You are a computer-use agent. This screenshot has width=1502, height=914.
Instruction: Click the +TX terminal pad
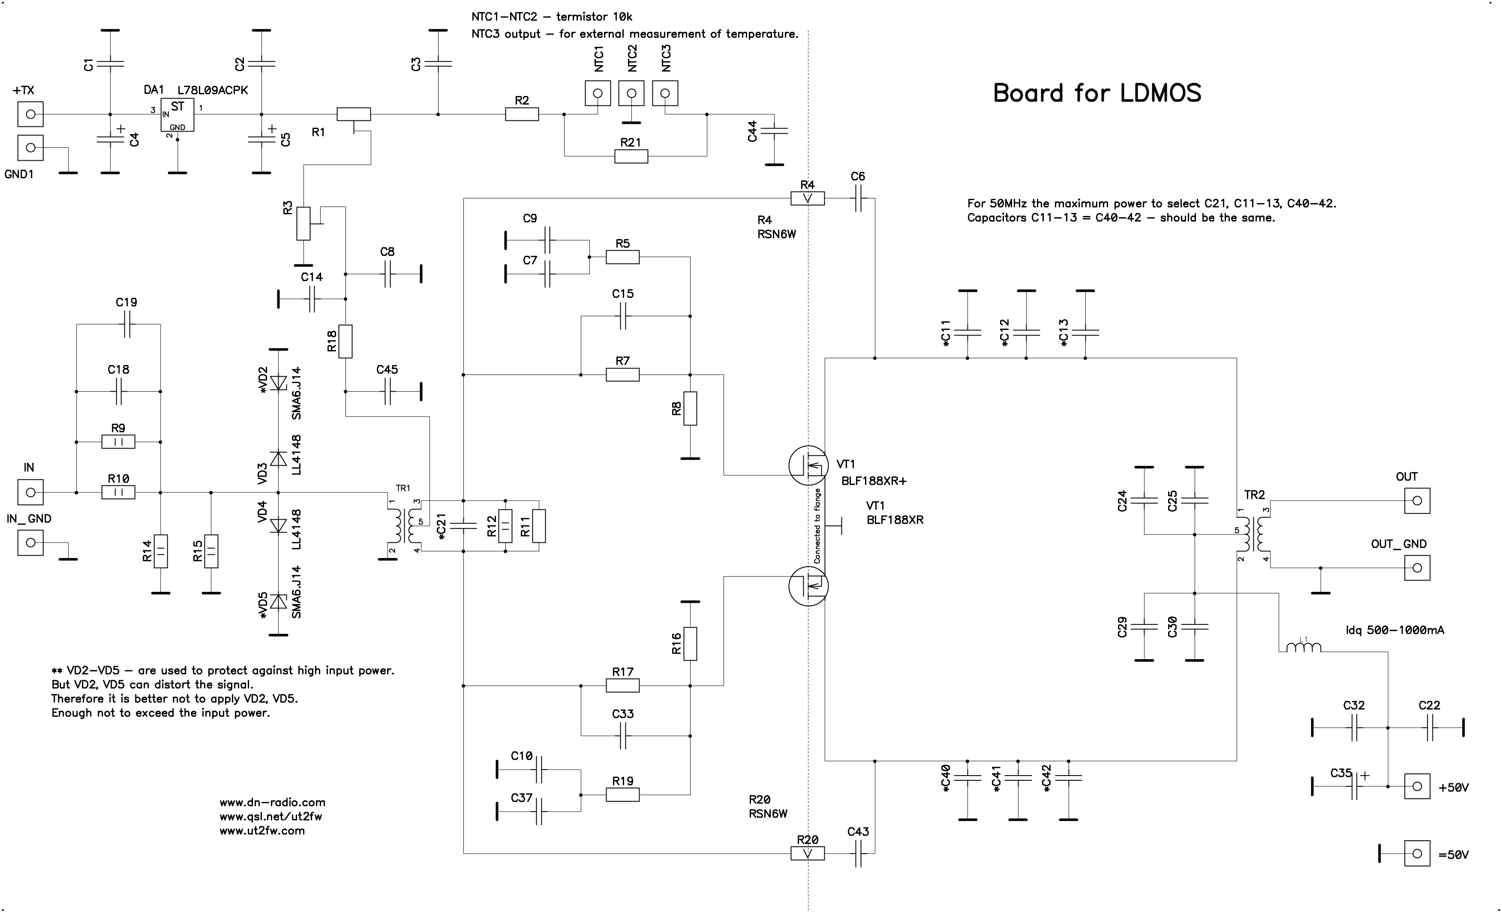(30, 114)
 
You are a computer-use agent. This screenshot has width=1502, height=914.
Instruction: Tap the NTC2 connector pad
(631, 93)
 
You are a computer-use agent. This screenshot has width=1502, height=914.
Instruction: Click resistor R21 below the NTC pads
(631, 156)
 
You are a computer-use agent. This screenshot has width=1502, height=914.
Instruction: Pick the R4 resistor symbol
(807, 198)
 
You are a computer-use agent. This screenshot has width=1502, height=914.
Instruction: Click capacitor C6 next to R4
(858, 198)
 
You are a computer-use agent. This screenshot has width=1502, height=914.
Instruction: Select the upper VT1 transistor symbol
(808, 465)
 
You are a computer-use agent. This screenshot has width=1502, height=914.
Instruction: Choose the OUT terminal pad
(1417, 501)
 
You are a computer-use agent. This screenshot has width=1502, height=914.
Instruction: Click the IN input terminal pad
(30, 492)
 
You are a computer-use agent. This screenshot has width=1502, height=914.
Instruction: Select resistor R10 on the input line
(118, 492)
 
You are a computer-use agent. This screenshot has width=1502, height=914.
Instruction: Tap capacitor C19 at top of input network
(127, 324)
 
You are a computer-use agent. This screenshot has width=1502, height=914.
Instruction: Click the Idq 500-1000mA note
(1395, 631)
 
